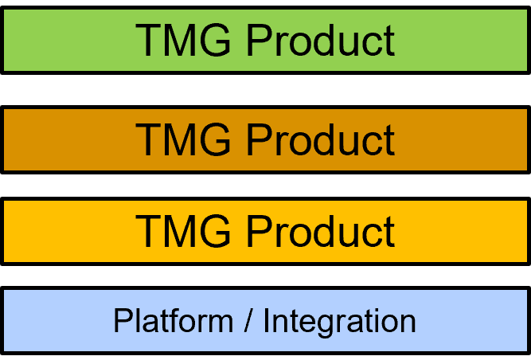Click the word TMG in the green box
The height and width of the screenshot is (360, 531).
pyautogui.click(x=184, y=40)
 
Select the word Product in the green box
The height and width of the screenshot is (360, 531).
pyautogui.click(x=320, y=40)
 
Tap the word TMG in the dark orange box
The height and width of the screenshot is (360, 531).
pyautogui.click(x=184, y=139)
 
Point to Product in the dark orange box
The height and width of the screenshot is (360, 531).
pyautogui.click(x=320, y=139)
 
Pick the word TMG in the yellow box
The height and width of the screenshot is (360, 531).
pyautogui.click(x=184, y=231)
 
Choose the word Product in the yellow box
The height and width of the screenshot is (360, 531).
pyautogui.click(x=320, y=231)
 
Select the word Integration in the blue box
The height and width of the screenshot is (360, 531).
pyautogui.click(x=339, y=321)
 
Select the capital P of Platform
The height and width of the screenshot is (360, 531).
pyautogui.click(x=121, y=321)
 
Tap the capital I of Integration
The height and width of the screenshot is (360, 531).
pyautogui.click(x=267, y=321)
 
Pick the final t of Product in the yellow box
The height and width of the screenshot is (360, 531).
pyautogui.click(x=388, y=231)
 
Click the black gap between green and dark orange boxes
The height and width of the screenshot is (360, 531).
pyautogui.click(x=265, y=90)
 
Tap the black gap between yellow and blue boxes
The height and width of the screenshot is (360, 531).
pyautogui.click(x=265, y=276)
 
